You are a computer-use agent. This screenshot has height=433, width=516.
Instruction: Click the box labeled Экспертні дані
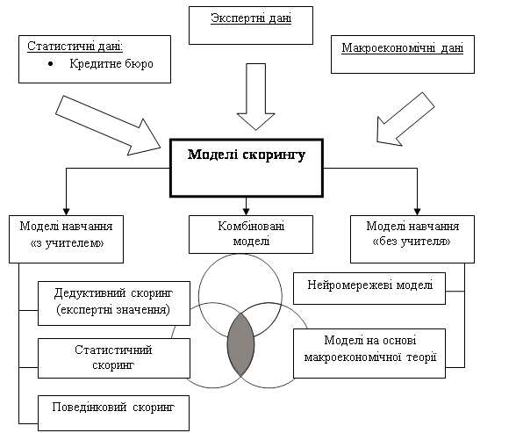(x=251, y=25)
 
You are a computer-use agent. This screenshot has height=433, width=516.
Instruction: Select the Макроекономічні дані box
(x=403, y=54)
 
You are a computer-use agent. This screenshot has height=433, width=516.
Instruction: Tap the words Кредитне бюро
(x=111, y=63)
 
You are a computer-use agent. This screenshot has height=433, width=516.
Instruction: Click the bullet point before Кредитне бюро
(x=50, y=64)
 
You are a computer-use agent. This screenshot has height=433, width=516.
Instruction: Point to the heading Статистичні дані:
(x=75, y=46)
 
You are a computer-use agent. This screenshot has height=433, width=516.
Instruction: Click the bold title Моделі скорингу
(x=247, y=155)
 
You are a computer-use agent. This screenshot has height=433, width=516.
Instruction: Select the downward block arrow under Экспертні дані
(x=256, y=97)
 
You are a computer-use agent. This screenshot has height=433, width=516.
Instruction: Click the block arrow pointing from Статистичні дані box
(x=108, y=126)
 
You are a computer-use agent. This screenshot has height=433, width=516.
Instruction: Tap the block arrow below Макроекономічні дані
(x=405, y=119)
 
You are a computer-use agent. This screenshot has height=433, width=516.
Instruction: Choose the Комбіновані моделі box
(x=251, y=235)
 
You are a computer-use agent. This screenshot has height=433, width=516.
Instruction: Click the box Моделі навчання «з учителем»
(x=66, y=240)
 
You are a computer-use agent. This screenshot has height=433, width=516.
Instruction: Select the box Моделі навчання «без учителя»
(x=412, y=240)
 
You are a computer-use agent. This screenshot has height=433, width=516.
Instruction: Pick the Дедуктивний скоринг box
(x=114, y=303)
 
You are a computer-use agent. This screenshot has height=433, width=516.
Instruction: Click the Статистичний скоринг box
(x=114, y=358)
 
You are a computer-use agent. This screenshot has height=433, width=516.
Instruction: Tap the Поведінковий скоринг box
(x=113, y=414)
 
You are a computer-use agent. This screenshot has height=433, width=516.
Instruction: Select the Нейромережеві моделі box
(x=369, y=288)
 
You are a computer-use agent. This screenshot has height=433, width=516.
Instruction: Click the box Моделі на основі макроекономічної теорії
(x=369, y=353)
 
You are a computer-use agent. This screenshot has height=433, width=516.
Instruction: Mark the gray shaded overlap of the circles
(x=240, y=345)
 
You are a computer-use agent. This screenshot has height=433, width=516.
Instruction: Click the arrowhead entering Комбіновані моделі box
(x=246, y=212)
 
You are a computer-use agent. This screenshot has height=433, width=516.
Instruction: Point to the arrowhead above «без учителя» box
(x=418, y=212)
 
